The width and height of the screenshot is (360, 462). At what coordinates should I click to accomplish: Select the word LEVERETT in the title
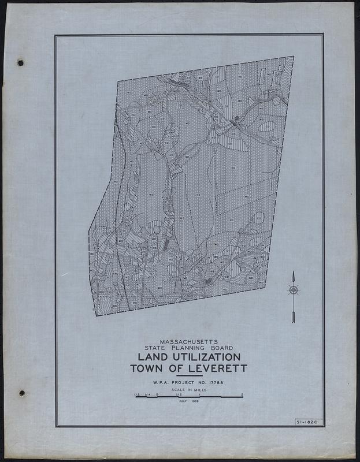point(217,368)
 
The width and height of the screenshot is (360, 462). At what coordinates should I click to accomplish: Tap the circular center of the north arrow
point(293,289)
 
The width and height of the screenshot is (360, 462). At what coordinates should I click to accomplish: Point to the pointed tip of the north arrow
point(293,272)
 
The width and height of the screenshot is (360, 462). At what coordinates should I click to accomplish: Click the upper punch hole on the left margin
point(20,61)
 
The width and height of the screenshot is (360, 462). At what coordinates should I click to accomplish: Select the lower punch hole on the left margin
point(22,393)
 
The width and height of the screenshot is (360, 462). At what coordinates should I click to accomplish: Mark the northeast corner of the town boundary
point(294,57)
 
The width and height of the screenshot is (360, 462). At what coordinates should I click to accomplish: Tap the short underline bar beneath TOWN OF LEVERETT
point(188,375)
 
